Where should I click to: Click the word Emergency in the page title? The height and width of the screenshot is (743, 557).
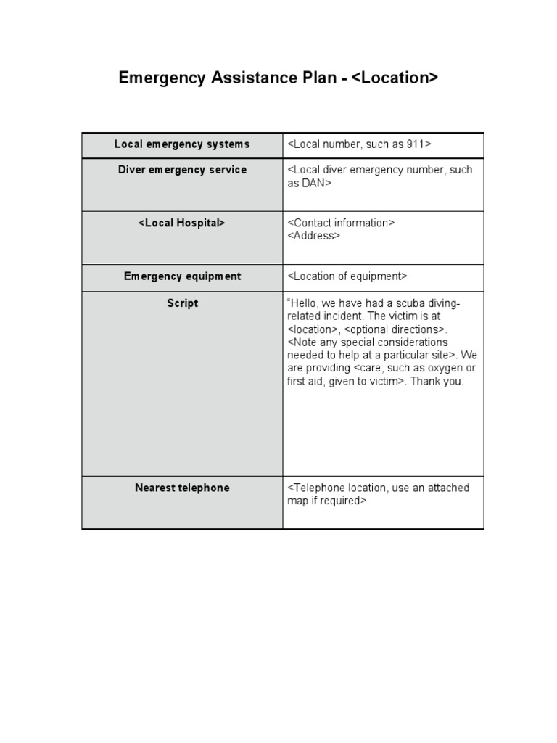pos(162,78)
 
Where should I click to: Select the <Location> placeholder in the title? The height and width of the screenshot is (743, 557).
pos(395,78)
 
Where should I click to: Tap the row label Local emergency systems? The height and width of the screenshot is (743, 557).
pos(182,144)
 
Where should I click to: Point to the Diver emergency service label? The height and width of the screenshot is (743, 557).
pos(182,170)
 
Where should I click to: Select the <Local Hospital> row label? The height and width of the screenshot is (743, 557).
pos(182,223)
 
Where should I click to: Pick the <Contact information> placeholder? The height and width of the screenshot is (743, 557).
pos(341,223)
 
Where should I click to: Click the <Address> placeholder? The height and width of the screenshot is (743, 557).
pos(313,236)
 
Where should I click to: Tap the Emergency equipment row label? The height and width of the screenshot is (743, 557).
pos(182,276)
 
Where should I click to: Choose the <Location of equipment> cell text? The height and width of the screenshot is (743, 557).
pos(347,276)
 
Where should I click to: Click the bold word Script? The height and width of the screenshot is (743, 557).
pos(182,303)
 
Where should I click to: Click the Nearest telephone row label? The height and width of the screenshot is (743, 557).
pos(182,488)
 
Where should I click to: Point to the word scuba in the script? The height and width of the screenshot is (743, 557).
pos(408,303)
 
